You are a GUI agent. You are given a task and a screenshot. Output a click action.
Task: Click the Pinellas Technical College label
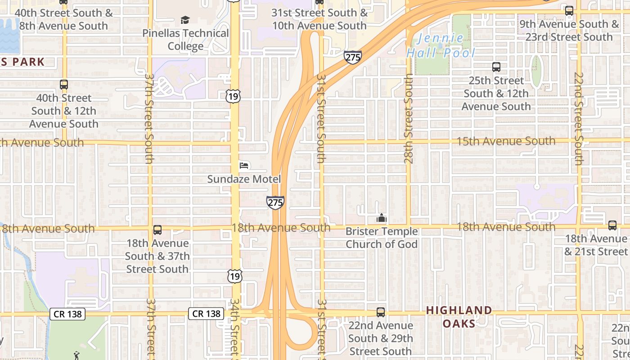point(185,40)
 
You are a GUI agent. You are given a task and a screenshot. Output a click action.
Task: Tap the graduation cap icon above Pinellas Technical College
point(185,20)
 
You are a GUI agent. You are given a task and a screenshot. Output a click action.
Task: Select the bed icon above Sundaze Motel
point(244,166)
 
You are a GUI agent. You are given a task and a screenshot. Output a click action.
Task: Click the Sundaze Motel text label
point(244,179)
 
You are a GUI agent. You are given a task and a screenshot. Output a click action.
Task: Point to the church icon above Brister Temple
point(382,218)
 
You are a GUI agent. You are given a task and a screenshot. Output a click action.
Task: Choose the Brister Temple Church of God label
point(382,238)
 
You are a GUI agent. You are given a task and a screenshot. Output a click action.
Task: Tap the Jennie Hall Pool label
point(441,46)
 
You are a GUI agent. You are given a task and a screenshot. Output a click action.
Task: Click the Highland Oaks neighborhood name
point(459,317)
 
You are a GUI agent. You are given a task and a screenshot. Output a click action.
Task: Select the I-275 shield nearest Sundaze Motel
point(275,202)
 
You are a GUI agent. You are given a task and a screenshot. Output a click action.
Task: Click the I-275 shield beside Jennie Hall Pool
point(353,57)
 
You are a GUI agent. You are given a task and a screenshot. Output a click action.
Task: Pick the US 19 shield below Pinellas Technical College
point(234,96)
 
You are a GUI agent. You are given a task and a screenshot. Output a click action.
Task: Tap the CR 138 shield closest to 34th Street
point(206,314)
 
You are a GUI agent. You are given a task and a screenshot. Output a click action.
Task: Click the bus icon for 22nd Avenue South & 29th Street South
point(381,312)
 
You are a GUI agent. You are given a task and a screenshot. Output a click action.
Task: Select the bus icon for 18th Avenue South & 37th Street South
point(157,230)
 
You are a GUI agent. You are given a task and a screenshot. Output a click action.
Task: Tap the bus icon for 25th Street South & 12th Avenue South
point(496,67)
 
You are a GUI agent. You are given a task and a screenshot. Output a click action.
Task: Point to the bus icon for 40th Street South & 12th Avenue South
point(64,84)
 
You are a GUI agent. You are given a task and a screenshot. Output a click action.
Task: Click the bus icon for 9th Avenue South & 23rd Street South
point(569,11)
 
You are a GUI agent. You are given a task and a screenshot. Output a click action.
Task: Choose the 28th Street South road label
point(408,119)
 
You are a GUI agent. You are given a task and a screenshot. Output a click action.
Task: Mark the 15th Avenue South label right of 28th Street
point(506,141)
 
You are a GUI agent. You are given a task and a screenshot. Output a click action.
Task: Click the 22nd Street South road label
point(579,119)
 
